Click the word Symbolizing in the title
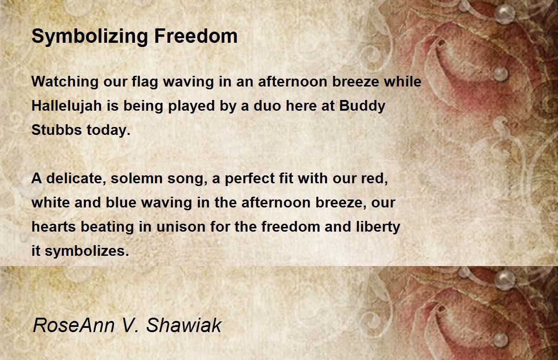90,37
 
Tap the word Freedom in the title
196,36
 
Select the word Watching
65,82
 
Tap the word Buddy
362,106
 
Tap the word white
51,202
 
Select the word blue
121,202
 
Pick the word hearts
53,227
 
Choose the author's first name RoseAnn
74,325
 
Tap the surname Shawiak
184,325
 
